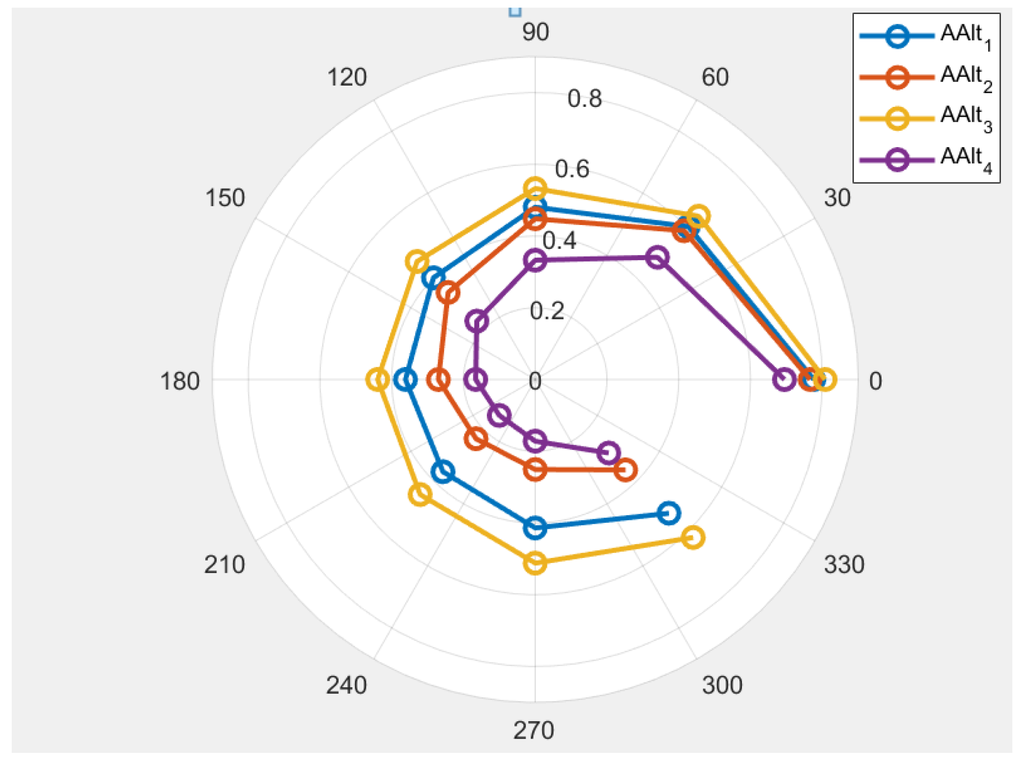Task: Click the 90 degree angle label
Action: pos(535,33)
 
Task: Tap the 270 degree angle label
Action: pos(533,730)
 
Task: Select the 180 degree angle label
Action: pos(180,381)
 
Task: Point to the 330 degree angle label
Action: pos(844,565)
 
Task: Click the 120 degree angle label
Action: pos(347,77)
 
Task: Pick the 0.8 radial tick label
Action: pos(585,98)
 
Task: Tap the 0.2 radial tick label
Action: pos(547,311)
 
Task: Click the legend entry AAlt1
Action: pos(966,35)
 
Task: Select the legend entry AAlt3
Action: pos(966,117)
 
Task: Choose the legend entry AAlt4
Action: pos(966,158)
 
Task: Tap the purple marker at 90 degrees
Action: pos(535,261)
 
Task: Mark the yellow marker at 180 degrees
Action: pos(377,380)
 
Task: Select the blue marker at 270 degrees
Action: pos(535,528)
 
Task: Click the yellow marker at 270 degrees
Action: pos(535,563)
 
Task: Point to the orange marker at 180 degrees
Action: pos(439,380)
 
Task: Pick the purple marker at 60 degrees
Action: pos(657,258)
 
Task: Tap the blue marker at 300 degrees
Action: pos(669,513)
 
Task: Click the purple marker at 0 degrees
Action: pos(784,380)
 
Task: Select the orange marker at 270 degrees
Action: pos(535,469)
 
